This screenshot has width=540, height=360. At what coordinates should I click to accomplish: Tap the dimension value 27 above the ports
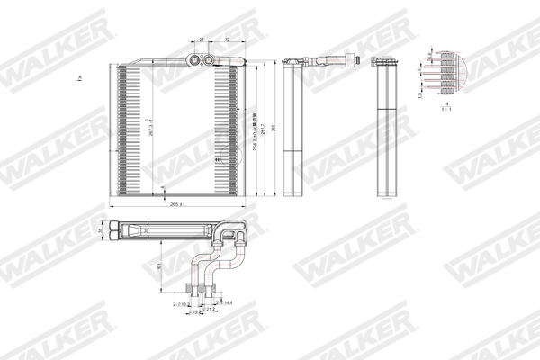[x=202, y=40]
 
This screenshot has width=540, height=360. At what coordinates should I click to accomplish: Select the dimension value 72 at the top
[x=227, y=40]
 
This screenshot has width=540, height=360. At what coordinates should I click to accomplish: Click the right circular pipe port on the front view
[x=209, y=60]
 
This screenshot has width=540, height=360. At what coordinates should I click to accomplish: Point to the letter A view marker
[x=81, y=80]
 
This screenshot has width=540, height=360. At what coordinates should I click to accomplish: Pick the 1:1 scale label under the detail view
[x=445, y=110]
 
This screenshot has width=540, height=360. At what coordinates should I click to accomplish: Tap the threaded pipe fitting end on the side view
[x=356, y=60]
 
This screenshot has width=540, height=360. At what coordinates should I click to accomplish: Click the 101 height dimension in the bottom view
[x=159, y=267]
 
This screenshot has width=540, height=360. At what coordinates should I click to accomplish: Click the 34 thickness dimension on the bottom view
[x=101, y=231]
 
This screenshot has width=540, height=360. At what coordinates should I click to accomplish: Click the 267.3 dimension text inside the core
[x=149, y=129]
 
